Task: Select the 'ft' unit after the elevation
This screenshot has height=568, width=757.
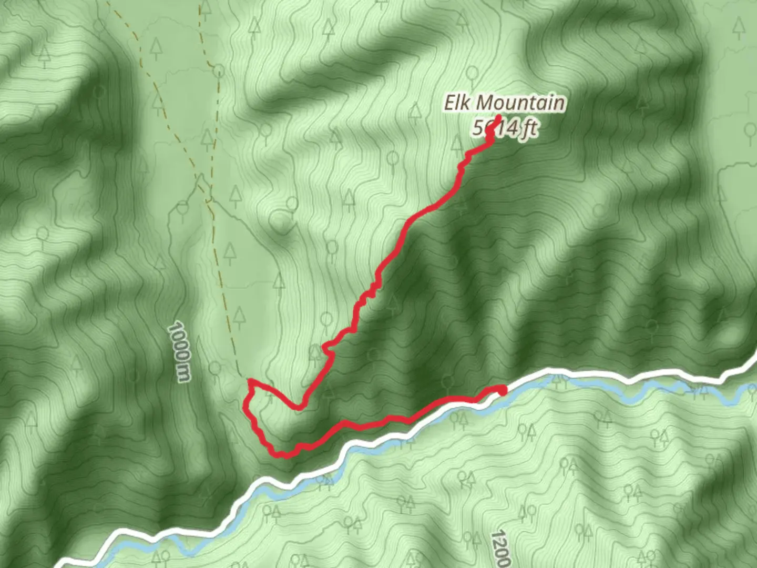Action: click(x=529, y=128)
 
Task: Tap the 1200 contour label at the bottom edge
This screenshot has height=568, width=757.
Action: click(x=500, y=550)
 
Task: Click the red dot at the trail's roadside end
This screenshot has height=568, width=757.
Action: click(x=502, y=390)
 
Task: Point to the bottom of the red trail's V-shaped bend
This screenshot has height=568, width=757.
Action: click(x=298, y=407)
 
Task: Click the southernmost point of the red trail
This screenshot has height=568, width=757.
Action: click(x=284, y=455)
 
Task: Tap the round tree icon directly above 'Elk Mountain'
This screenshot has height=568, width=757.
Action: click(x=472, y=73)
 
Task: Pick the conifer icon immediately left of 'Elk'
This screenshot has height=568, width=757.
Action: click(x=415, y=111)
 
